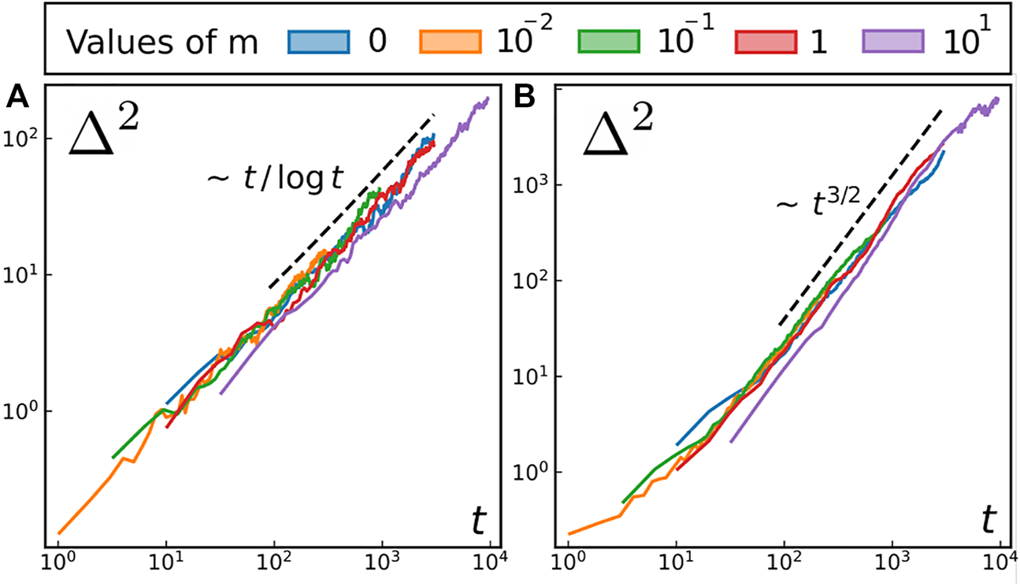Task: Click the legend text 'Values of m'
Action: click(x=161, y=43)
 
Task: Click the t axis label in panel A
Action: click(x=478, y=521)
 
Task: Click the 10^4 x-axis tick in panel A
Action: click(x=490, y=566)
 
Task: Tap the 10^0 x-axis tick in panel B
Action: click(x=568, y=566)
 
